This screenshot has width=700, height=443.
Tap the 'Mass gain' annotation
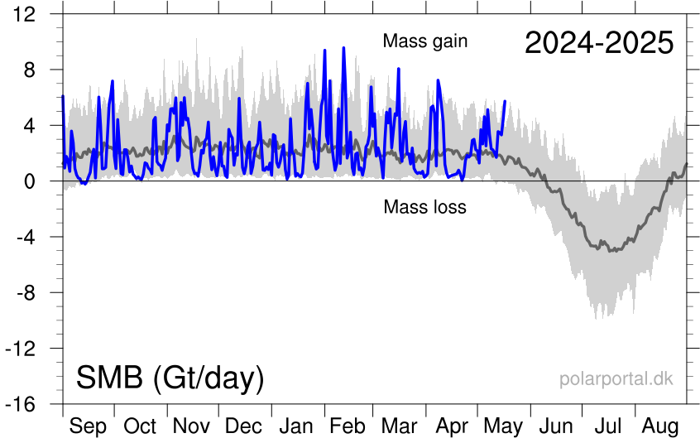(425, 41)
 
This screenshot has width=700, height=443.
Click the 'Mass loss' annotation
(424, 207)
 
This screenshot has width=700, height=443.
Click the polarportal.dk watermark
(616, 379)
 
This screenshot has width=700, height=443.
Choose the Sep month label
(88, 426)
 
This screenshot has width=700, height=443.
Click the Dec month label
(244, 426)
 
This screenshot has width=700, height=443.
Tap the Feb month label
(348, 426)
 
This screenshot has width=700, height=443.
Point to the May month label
(503, 426)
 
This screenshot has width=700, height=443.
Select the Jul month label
(609, 426)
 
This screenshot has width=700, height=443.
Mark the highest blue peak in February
(343, 49)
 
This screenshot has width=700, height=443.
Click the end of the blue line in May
(505, 101)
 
